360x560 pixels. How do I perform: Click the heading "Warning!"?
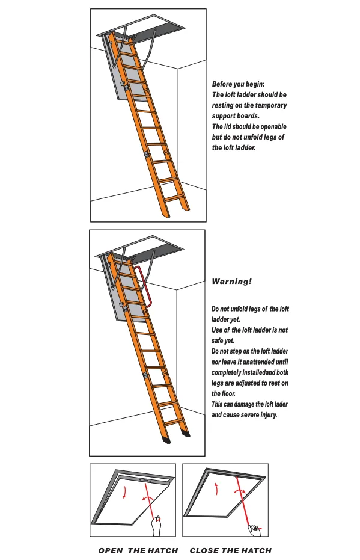232,281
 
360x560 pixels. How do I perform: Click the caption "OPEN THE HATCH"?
138,550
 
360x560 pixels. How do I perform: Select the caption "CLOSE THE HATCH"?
230,550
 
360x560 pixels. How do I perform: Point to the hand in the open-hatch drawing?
158,526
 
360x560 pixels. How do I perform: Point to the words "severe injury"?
257,414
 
